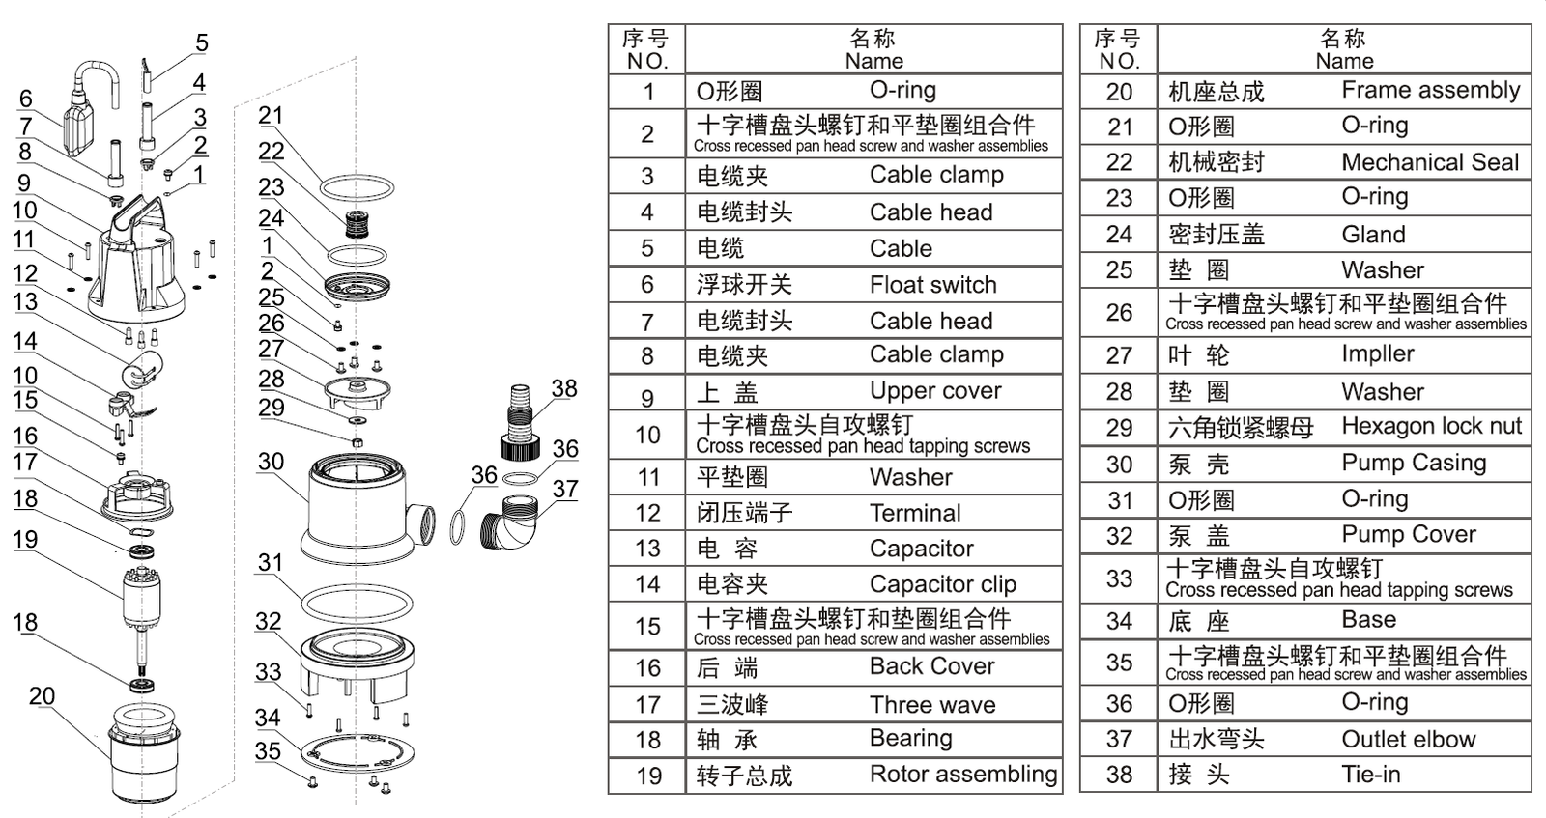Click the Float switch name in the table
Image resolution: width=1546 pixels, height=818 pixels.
point(932,285)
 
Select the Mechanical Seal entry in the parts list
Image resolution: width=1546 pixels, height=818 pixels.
point(1430,162)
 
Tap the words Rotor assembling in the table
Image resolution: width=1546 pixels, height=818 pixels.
point(963,775)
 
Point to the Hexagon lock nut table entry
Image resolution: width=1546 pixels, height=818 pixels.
point(1431,427)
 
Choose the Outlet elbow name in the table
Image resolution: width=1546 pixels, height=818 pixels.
point(1408,740)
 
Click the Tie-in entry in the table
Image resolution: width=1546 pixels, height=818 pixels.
point(1370,775)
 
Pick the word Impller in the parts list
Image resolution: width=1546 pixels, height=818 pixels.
point(1377,354)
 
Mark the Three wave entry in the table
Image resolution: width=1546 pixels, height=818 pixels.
point(931,705)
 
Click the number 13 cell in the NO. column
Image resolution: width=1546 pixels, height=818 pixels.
point(647,549)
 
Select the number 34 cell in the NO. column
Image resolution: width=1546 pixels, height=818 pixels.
point(1119,621)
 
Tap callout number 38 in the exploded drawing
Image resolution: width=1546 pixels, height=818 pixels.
point(564,388)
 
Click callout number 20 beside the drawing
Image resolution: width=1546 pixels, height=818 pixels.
point(42,696)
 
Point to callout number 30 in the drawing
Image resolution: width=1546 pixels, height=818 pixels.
point(271,462)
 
